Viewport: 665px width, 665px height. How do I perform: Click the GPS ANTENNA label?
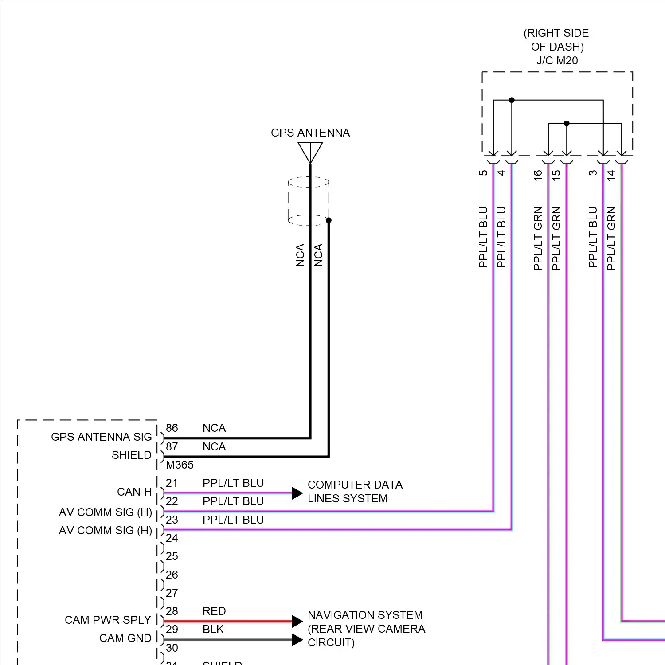[310, 133]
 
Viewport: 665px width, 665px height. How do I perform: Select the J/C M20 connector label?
[557, 61]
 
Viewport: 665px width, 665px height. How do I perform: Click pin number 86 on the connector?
[172, 428]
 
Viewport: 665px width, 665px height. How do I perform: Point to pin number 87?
[172, 447]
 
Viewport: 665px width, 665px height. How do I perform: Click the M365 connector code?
[180, 465]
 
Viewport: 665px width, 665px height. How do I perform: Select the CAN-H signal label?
[134, 492]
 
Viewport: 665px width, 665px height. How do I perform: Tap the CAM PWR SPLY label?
[108, 620]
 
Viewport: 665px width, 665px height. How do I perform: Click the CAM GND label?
[125, 638]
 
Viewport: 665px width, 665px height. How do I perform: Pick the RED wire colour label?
[214, 611]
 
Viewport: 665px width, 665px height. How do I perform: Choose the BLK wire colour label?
[213, 630]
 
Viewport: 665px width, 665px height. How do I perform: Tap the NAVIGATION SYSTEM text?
[365, 615]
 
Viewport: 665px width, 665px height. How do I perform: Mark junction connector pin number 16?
[538, 175]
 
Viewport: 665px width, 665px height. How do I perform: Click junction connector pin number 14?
[611, 175]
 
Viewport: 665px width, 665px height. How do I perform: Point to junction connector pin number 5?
[483, 173]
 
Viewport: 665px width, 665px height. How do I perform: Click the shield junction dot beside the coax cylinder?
[329, 220]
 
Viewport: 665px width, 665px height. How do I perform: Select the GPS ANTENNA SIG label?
[101, 437]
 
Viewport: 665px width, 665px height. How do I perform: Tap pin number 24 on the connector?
[172, 538]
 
